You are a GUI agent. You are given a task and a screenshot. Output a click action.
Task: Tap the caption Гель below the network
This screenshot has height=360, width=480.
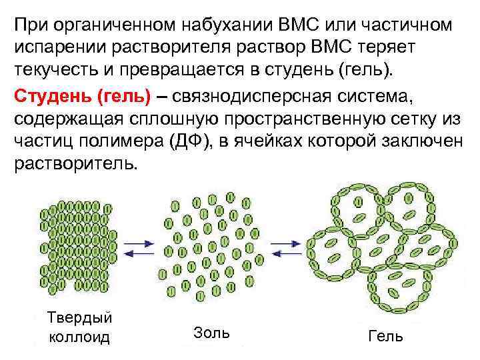385,335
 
